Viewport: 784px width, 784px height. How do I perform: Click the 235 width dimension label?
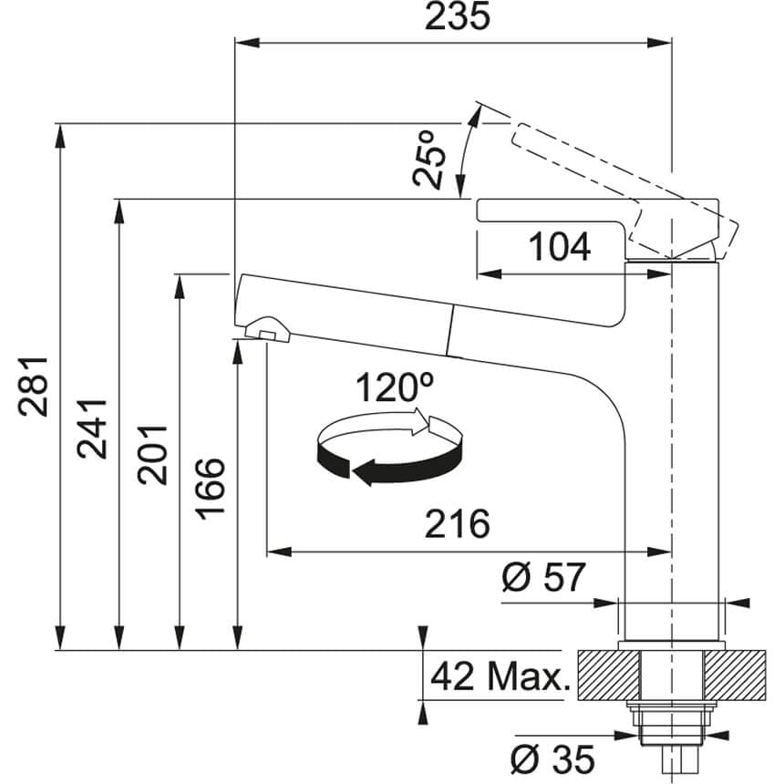tap(457, 16)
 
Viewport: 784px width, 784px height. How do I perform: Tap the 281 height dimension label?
tap(33, 386)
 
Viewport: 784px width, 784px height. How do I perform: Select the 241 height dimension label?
tap(92, 429)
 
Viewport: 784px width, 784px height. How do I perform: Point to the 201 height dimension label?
tap(152, 455)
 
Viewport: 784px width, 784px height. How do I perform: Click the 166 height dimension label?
tap(211, 489)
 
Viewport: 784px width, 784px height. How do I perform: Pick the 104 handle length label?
tap(560, 247)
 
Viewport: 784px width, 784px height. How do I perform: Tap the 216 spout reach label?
tap(457, 523)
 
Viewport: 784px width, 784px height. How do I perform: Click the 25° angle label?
tap(429, 159)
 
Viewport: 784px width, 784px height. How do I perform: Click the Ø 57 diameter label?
tap(543, 577)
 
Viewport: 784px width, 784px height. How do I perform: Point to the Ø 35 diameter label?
tap(553, 758)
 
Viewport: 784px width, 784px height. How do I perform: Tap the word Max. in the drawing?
tap(529, 676)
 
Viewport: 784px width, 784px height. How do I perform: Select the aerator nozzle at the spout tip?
tap(267, 330)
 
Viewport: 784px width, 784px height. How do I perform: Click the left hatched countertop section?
tap(608, 675)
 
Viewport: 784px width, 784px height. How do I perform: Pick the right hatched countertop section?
tap(735, 675)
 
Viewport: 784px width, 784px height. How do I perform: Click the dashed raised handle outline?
tap(625, 186)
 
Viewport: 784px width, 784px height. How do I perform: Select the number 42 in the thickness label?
tap(452, 676)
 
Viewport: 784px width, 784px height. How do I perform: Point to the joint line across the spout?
tap(449, 331)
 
